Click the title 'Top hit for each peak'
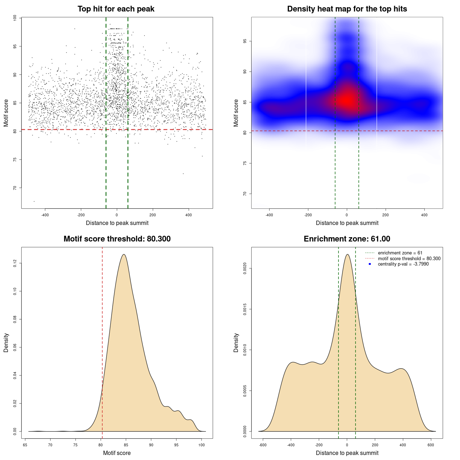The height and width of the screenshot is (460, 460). pyautogui.click(x=116, y=9)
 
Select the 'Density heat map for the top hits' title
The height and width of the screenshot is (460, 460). pyautogui.click(x=347, y=9)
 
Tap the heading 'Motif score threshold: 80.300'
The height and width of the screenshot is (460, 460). pyautogui.click(x=117, y=239)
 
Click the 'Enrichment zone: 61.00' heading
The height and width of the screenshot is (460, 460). pyautogui.click(x=347, y=239)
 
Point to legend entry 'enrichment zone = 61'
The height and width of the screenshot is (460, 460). pyautogui.click(x=400, y=253)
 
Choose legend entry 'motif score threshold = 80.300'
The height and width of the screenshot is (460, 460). pyautogui.click(x=409, y=258)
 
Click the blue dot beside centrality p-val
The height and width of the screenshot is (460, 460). pyautogui.click(x=370, y=264)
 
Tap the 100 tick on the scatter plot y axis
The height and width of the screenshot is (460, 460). pyautogui.click(x=15, y=18)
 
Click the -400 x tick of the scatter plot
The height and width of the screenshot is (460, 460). pyautogui.click(x=45, y=215)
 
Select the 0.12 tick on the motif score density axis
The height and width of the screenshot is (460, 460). pyautogui.click(x=15, y=263)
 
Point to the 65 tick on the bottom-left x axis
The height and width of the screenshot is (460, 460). pyautogui.click(x=25, y=445)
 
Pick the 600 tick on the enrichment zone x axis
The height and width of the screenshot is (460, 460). pyautogui.click(x=431, y=445)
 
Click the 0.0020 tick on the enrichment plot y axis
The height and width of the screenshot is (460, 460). pyautogui.click(x=245, y=268)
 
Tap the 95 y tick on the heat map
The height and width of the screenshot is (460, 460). pyautogui.click(x=245, y=41)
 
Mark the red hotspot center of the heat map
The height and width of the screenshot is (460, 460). pyautogui.click(x=347, y=101)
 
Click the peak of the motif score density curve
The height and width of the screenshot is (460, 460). pyautogui.click(x=124, y=254)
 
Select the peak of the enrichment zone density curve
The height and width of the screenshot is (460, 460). pyautogui.click(x=347, y=254)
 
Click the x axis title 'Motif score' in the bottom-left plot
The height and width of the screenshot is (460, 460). pyautogui.click(x=117, y=453)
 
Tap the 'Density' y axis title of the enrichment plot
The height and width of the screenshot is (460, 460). pyautogui.click(x=236, y=342)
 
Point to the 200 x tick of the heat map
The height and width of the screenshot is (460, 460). pyautogui.click(x=386, y=215)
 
